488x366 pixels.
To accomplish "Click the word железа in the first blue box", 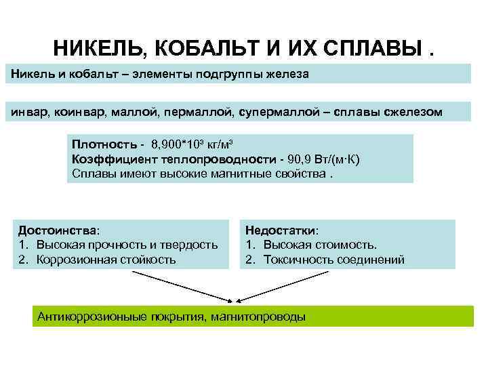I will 288,74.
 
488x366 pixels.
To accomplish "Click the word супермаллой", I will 279,112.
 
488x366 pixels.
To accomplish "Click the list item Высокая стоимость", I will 320,245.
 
